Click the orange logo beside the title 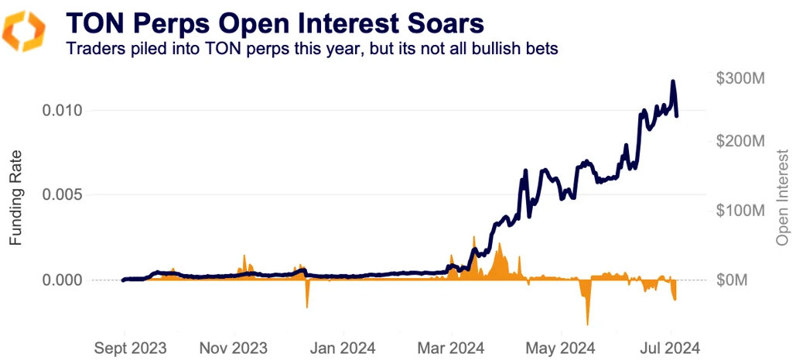click(x=26, y=32)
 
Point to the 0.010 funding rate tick click(x=63, y=111)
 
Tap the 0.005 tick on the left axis click(x=63, y=194)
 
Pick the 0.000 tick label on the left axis click(x=63, y=280)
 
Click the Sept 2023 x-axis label click(x=129, y=347)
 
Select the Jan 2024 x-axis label click(x=343, y=347)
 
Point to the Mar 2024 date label click(x=451, y=347)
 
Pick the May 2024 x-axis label click(x=559, y=347)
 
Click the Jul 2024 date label click(x=670, y=347)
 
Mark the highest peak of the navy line click(x=673, y=81)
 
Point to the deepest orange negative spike click(x=587, y=323)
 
